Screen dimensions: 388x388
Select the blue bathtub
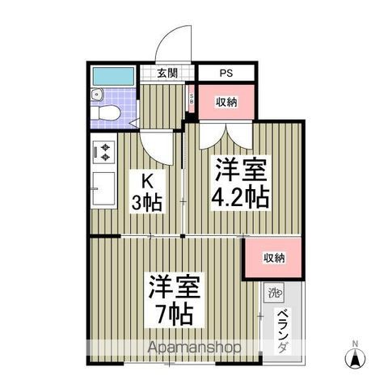point(112,78)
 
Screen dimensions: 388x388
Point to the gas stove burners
point(106,151)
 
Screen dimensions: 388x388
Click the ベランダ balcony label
point(282,331)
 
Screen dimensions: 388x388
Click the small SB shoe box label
point(192,101)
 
